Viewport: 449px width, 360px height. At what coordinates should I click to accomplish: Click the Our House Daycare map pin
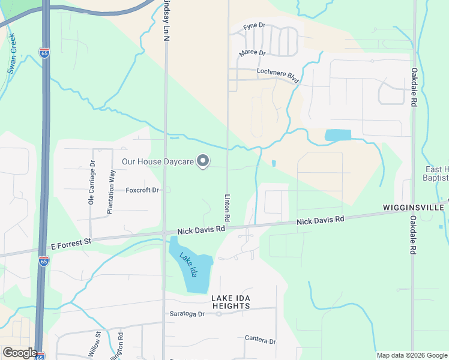203,161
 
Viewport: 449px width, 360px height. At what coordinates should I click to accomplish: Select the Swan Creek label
11,53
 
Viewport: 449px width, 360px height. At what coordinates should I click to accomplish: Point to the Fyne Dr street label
254,26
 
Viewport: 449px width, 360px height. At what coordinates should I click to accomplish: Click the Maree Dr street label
252,53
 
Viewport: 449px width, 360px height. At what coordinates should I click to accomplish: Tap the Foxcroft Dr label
142,190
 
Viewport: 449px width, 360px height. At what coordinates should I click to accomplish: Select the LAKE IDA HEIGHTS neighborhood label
231,302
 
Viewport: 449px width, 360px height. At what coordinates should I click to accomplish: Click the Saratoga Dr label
185,314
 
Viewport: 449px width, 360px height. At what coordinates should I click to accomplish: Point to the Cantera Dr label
260,340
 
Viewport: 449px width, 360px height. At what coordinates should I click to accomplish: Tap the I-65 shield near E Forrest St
43,260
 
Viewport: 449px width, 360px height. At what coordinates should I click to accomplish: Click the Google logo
20,353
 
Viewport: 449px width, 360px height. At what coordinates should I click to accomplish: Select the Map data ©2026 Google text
411,355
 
